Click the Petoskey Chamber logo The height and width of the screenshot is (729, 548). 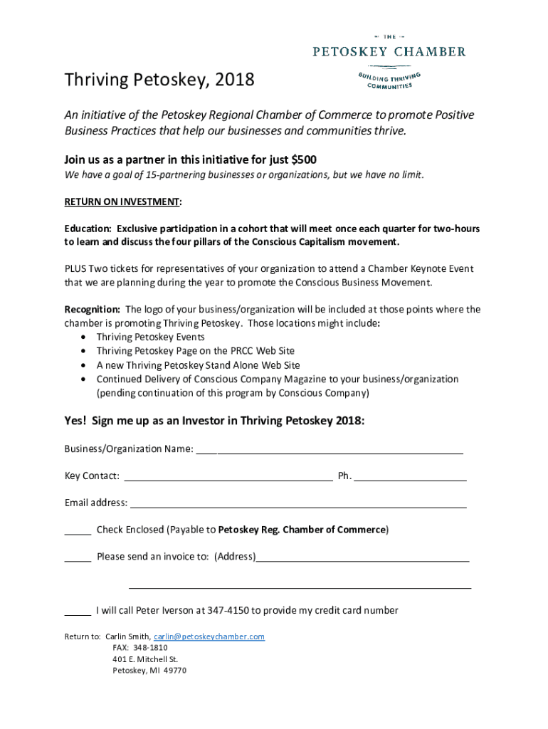click(390, 61)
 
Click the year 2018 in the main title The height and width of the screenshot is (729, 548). click(232, 80)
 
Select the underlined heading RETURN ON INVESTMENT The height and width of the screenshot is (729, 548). click(122, 202)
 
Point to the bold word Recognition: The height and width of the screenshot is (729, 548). click(93, 310)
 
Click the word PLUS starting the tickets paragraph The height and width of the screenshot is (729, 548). click(76, 269)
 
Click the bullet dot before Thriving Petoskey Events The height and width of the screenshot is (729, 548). click(85, 337)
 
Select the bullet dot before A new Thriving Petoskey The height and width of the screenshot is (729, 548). click(85, 365)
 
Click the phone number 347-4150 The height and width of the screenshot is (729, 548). click(228, 611)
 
